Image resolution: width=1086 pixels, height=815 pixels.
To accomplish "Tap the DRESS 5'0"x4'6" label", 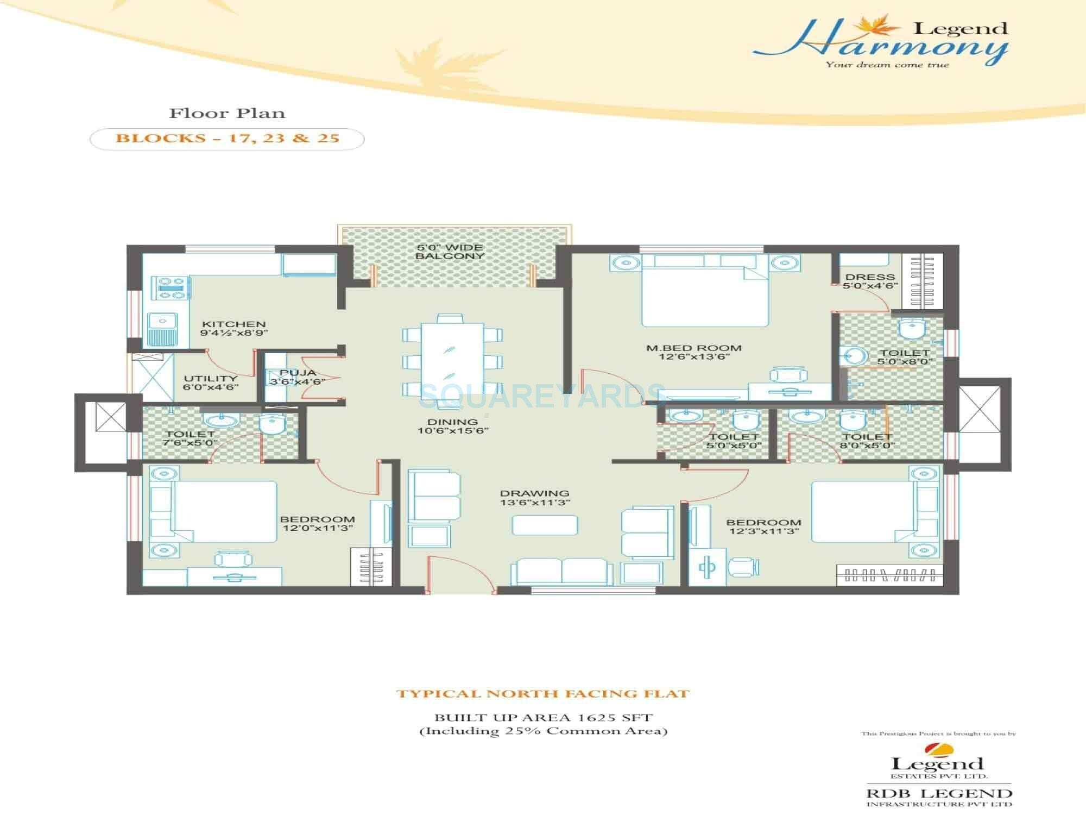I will pos(870,281).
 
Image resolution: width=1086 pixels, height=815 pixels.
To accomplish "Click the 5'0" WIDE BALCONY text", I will pos(450,252).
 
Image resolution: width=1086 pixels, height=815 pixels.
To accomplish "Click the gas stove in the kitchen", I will pos(171,287).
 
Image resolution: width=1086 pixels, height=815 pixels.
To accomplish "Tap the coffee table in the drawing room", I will pos(545,525).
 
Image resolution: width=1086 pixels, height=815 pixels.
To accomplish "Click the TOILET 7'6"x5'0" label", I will pos(190,438).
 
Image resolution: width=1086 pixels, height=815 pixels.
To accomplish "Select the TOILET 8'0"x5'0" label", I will pos(867,441).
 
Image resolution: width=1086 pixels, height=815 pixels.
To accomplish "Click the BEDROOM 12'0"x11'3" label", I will pos(318,523).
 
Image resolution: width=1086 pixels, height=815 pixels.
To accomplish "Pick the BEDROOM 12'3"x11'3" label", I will pos(763,526).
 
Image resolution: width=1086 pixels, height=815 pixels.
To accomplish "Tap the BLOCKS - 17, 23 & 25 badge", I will pos(227,139).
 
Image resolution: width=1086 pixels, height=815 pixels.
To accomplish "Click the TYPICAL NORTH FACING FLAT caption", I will pos(542,694).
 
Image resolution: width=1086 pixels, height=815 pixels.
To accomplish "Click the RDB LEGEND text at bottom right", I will pos(939,793).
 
